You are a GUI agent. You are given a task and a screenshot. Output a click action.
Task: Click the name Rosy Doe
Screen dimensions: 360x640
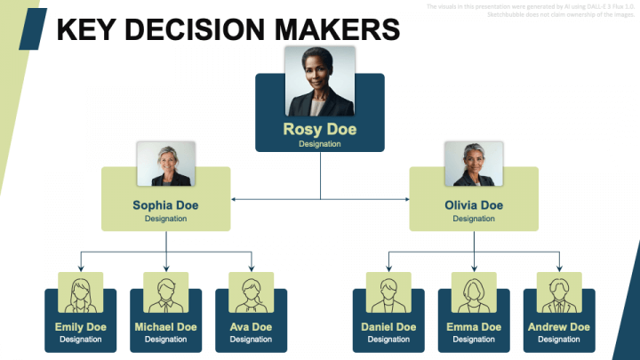320,130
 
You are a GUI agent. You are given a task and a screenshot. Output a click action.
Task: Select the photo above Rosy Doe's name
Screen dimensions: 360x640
320,81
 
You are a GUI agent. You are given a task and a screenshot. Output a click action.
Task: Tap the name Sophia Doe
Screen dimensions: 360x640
165,205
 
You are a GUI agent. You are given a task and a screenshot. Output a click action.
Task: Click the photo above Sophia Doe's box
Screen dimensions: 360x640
165,164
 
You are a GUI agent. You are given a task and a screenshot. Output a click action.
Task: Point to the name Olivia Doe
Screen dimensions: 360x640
474,205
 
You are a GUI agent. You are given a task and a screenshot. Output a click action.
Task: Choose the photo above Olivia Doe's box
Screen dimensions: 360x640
474,164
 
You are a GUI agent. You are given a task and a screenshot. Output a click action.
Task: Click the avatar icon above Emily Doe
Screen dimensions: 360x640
81,292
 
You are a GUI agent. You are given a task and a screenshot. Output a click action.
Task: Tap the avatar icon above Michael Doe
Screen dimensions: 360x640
166,292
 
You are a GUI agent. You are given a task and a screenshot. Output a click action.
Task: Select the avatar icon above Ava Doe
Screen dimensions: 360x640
252,292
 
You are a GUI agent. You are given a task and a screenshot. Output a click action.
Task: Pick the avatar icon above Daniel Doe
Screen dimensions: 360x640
388,292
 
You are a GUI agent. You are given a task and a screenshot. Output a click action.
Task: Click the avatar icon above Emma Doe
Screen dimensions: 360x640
474,292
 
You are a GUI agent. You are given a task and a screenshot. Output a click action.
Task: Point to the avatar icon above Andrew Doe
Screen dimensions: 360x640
559,292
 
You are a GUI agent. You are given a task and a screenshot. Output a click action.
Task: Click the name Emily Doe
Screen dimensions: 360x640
81,327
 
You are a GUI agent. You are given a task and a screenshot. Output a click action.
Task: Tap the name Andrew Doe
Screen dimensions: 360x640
559,327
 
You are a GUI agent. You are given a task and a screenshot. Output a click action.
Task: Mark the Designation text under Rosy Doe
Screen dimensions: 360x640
320,144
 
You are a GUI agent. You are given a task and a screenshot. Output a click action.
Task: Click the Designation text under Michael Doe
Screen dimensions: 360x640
166,340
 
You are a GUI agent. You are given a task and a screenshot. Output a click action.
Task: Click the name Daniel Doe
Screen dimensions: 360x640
388,327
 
